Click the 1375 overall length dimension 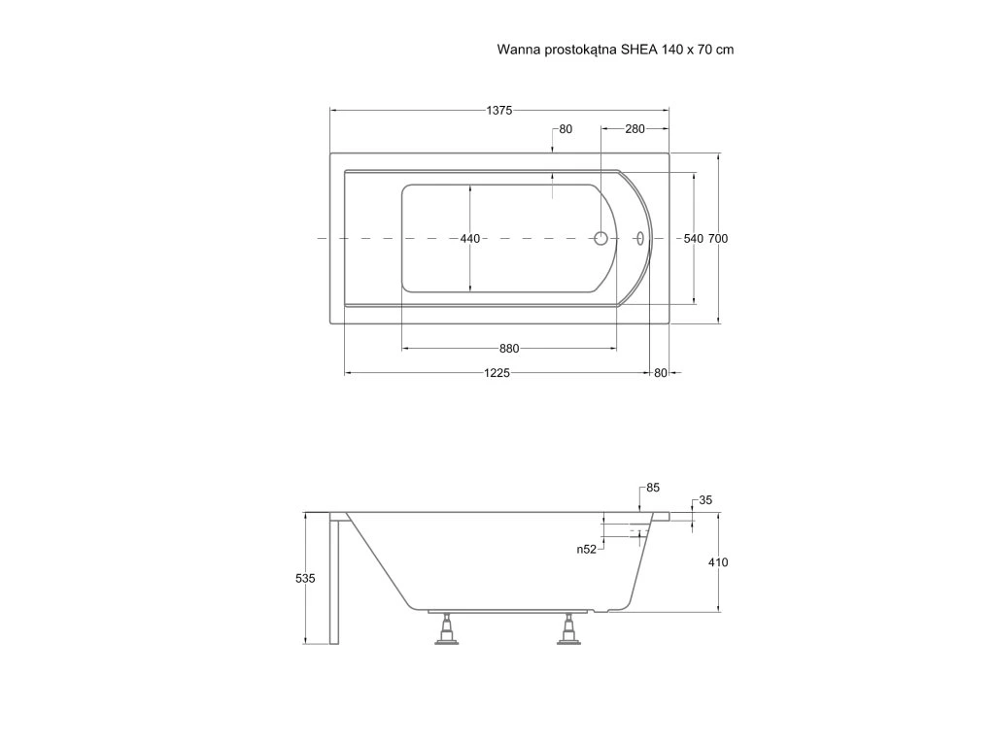[x=499, y=111]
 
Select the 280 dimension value [x=635, y=129]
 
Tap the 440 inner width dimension [x=470, y=239]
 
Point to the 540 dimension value [x=693, y=239]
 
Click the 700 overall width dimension [x=718, y=239]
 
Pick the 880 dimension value [x=509, y=349]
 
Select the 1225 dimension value [x=497, y=373]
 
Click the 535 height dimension [x=305, y=578]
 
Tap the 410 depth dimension [x=718, y=562]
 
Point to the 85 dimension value [x=652, y=488]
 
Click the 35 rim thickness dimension [x=705, y=501]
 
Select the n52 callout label [x=586, y=549]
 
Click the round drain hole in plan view [x=600, y=238]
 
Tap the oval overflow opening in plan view [x=640, y=238]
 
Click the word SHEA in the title [x=639, y=48]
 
